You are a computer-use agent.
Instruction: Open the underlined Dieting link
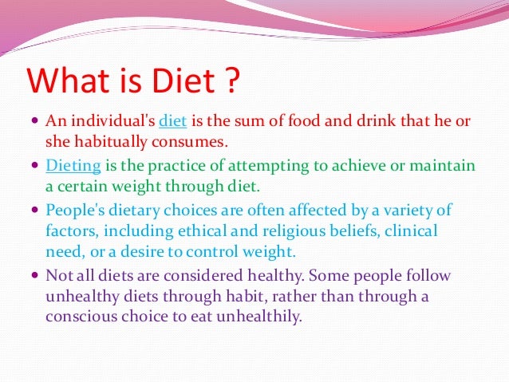click(x=74, y=167)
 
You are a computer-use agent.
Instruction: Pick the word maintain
click(x=444, y=167)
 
